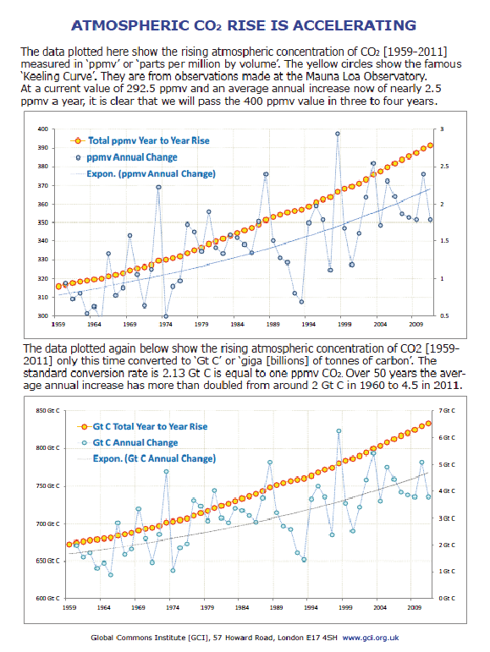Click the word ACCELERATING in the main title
point(355,25)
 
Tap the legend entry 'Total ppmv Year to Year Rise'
point(140,140)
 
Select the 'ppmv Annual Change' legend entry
point(127,157)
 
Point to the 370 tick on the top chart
point(43,185)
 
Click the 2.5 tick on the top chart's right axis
point(444,167)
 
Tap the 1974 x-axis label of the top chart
point(166,324)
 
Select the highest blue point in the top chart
point(338,134)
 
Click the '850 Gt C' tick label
point(48,411)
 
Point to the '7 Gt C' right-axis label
point(447,411)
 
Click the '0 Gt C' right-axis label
point(447,598)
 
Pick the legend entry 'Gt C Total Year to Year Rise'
point(142,426)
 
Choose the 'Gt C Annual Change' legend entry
point(129,442)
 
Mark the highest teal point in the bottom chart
point(339,431)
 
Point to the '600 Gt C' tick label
point(48,598)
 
